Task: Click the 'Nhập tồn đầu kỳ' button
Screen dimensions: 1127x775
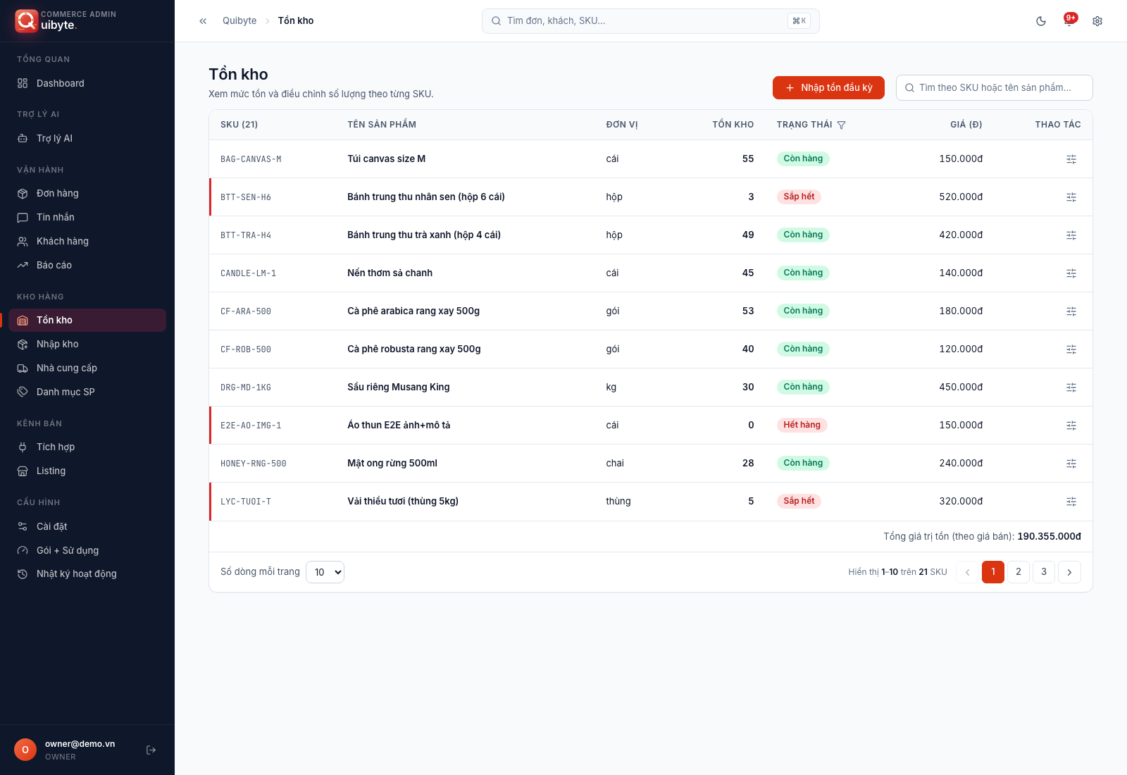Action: click(828, 87)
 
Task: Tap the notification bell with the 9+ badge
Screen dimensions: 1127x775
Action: click(1069, 20)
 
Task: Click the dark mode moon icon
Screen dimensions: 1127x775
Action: click(1041, 21)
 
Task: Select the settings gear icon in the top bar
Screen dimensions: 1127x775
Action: click(1097, 21)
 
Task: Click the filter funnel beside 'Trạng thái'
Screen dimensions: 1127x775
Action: click(841, 125)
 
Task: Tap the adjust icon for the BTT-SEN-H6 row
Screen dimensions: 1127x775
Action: click(1071, 197)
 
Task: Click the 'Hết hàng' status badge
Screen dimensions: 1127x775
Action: click(802, 426)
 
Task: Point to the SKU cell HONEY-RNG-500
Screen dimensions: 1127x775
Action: click(253, 464)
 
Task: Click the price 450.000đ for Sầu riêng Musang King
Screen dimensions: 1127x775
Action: click(961, 387)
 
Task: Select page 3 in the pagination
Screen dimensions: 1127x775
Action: click(1043, 571)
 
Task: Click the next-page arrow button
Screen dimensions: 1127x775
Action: click(1069, 571)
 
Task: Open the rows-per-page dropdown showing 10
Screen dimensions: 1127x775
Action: click(325, 572)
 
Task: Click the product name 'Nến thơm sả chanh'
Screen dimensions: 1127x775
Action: click(390, 273)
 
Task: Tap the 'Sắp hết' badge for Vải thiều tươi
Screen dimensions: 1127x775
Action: click(799, 501)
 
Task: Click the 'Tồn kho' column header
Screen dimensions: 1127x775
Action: click(733, 124)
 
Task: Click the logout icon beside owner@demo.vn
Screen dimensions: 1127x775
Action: click(151, 750)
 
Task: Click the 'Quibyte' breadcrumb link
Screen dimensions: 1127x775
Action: click(239, 20)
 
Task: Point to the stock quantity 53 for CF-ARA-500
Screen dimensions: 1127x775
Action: click(747, 311)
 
